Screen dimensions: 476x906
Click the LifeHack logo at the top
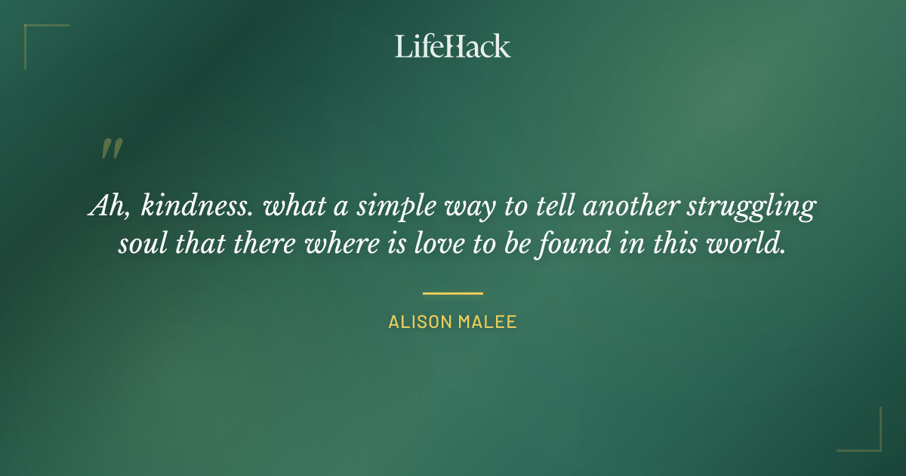452,46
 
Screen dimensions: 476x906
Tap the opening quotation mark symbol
111,149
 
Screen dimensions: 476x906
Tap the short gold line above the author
452,293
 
